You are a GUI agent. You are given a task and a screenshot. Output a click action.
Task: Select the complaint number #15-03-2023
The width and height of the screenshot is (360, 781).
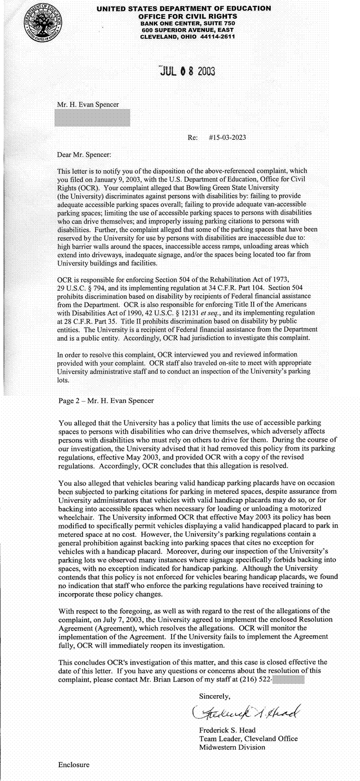tap(227, 138)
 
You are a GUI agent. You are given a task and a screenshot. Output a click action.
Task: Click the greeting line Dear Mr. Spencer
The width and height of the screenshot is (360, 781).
tap(84, 154)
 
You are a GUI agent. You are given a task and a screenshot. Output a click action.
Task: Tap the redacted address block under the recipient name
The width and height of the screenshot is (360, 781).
tap(93, 118)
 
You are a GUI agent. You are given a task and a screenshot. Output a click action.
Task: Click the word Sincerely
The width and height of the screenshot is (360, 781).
tap(215, 696)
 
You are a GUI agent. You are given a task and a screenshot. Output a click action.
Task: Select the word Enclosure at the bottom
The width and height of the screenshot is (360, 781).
tap(74, 764)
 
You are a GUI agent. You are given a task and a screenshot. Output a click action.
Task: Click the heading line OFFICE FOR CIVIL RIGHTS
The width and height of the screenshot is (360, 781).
tap(187, 16)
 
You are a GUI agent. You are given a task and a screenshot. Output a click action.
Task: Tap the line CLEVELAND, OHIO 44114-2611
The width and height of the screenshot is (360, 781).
tap(187, 37)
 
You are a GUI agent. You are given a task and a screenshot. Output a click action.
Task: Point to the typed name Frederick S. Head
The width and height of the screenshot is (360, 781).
tap(227, 730)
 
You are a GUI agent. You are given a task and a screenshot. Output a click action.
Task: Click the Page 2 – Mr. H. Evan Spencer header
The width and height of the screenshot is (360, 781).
tap(106, 401)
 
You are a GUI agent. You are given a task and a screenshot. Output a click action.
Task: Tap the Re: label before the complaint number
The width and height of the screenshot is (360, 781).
tap(192, 138)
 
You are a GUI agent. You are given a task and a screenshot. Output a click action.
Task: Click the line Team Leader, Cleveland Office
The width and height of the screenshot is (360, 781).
tap(248, 738)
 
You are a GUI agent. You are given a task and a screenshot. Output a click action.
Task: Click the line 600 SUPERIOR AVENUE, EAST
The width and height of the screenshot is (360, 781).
tap(187, 29)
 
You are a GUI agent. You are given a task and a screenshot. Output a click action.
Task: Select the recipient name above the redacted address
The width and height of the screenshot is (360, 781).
tap(88, 104)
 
